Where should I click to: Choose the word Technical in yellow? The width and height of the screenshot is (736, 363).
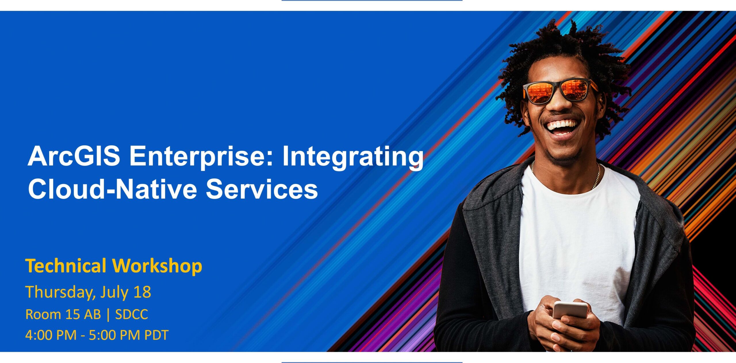66,266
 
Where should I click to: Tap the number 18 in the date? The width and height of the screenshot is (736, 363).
142,292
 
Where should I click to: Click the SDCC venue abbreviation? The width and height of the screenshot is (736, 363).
131,314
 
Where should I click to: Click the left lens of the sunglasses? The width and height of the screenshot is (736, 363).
542,92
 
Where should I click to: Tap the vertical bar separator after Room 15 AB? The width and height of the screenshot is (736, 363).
108,315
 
